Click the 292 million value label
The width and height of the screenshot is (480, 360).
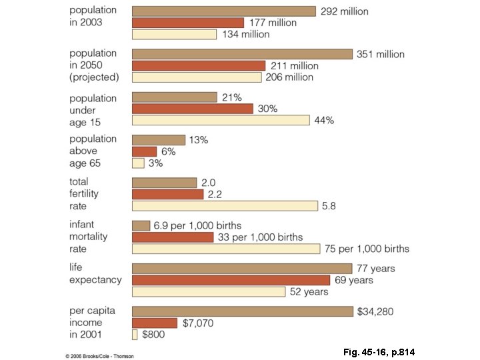(x=344, y=11)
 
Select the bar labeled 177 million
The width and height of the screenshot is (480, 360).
(x=188, y=23)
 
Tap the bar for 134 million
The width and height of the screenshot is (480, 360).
(x=174, y=34)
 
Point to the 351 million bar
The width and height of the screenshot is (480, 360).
(x=242, y=54)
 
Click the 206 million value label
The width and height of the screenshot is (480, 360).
(x=289, y=77)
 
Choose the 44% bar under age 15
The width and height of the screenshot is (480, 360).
(x=221, y=120)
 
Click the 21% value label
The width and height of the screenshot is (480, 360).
(x=232, y=97)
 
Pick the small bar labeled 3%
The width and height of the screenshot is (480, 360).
(x=138, y=163)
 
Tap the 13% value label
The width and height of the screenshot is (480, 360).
(x=199, y=140)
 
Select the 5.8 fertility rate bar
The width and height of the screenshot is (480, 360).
(x=225, y=206)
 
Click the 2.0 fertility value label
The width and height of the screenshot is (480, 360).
(x=209, y=183)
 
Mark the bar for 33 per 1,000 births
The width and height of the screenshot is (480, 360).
(x=173, y=237)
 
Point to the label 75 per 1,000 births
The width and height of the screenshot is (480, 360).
(x=367, y=249)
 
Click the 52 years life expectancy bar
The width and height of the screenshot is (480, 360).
(x=209, y=292)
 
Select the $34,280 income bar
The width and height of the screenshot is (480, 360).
(x=242, y=311)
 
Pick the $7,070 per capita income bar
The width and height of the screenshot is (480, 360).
(x=155, y=323)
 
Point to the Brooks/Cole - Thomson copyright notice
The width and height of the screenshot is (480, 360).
(x=100, y=356)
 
